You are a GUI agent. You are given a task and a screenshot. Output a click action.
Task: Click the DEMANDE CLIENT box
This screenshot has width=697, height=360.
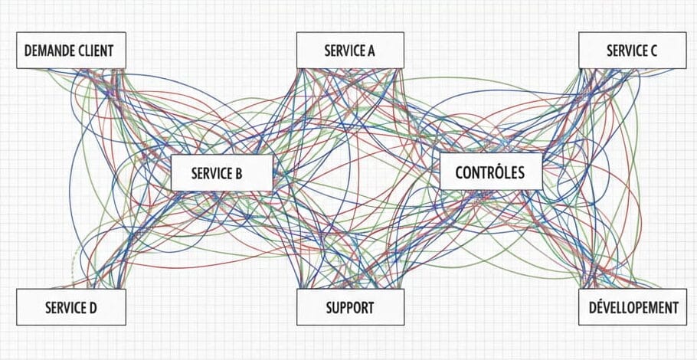coord(70,51)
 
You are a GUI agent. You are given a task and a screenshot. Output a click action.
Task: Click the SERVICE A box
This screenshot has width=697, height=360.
coord(349,51)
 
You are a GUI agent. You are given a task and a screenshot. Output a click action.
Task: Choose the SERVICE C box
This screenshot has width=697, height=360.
coord(632,51)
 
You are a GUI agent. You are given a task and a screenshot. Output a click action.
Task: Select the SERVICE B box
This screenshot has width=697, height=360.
coord(221,173)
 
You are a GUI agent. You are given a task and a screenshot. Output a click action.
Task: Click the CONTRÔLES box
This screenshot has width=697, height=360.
coord(490,171)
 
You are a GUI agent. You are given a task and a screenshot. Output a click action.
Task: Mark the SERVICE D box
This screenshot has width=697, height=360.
coord(70,308)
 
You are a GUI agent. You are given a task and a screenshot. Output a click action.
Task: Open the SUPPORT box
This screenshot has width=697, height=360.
coord(349,308)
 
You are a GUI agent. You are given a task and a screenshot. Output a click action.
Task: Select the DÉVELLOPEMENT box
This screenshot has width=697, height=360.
coord(632,308)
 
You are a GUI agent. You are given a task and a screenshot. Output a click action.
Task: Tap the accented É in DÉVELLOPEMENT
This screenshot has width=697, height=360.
coord(597,308)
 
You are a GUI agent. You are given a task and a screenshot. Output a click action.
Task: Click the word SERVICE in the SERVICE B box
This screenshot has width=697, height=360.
coord(212,174)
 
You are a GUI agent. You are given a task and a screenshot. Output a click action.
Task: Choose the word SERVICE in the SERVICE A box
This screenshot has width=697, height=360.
coord(344,51)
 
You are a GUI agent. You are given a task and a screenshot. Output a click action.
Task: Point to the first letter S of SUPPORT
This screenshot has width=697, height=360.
coord(329,309)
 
